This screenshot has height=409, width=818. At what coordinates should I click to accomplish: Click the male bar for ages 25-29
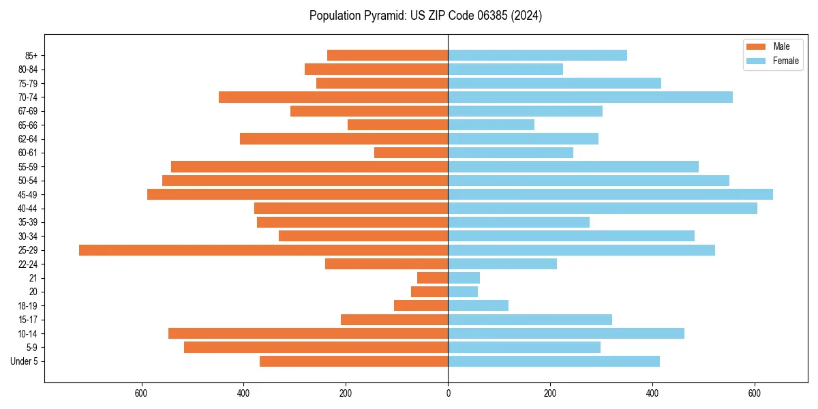click(x=263, y=250)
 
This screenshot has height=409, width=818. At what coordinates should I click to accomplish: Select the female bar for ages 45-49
click(x=610, y=194)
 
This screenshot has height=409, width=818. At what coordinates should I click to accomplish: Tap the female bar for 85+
click(x=537, y=55)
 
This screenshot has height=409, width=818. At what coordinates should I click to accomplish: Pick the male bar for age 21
click(x=432, y=278)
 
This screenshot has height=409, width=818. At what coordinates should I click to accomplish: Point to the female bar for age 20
click(x=463, y=292)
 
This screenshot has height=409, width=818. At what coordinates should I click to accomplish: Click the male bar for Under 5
click(x=354, y=361)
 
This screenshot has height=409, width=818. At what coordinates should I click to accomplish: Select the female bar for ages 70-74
click(x=590, y=97)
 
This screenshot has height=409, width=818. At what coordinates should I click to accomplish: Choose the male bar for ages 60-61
click(x=411, y=153)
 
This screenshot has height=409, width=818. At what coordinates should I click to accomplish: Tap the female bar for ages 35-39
click(x=519, y=222)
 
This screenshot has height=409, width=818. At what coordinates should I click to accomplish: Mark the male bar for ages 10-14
click(x=308, y=333)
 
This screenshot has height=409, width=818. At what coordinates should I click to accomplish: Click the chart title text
click(x=425, y=16)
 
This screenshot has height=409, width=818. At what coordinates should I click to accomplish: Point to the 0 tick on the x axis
click(x=448, y=393)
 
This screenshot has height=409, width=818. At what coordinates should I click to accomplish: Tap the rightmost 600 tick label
click(x=754, y=393)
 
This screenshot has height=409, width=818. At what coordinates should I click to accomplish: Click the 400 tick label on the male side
click(x=243, y=393)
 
